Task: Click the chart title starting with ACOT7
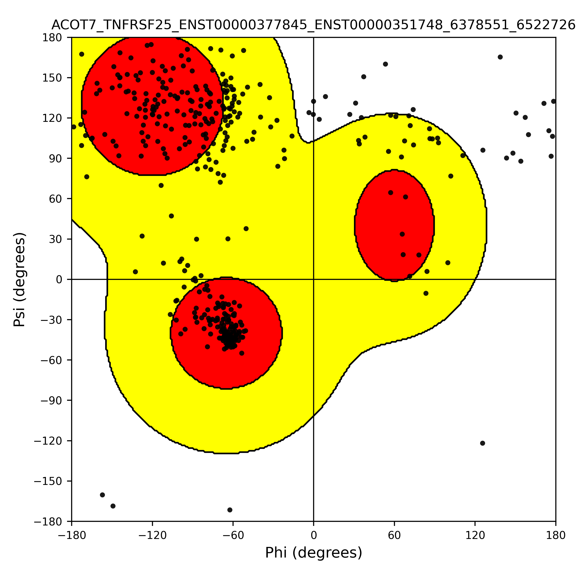click(x=313, y=25)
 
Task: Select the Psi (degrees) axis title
click(x=19, y=279)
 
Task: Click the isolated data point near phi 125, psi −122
click(x=482, y=443)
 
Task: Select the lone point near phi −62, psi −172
click(x=230, y=510)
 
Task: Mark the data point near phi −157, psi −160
click(x=103, y=495)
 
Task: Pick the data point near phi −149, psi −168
click(x=113, y=506)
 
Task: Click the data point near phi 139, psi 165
click(x=500, y=57)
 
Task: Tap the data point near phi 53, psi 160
click(x=386, y=64)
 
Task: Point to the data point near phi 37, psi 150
click(x=364, y=77)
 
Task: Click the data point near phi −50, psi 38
click(x=246, y=229)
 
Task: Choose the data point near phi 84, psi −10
click(x=426, y=293)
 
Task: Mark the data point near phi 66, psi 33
click(x=402, y=234)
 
